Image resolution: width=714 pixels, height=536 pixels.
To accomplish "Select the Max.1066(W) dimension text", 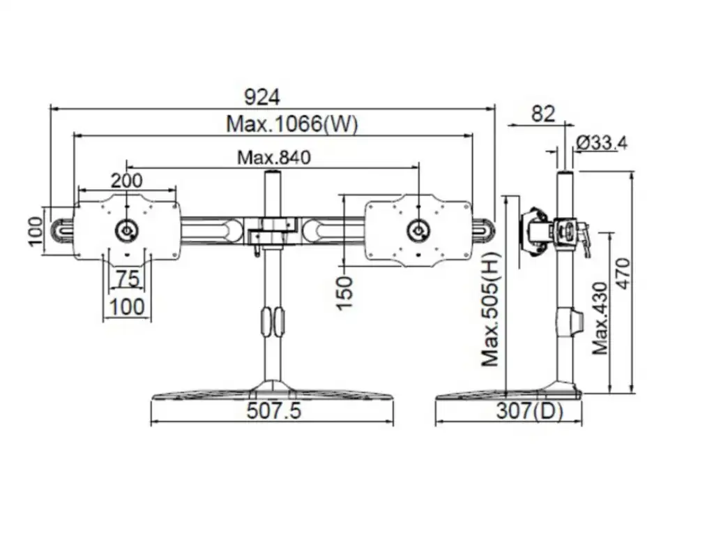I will click(x=291, y=125).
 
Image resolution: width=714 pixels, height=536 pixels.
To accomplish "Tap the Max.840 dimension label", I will click(x=273, y=157).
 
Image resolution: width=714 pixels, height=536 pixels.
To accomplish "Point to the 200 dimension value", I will click(x=127, y=180).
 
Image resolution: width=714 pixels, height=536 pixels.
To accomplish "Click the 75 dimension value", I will click(x=128, y=279).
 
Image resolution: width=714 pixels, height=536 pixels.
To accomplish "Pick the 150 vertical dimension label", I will click(x=344, y=293).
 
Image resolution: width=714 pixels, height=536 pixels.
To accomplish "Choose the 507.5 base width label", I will click(x=273, y=411).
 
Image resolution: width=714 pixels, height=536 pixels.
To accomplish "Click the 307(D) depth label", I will click(x=529, y=411).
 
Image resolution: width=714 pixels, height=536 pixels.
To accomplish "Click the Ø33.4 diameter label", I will click(x=602, y=143).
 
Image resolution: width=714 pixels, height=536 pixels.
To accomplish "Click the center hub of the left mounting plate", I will click(x=127, y=230).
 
